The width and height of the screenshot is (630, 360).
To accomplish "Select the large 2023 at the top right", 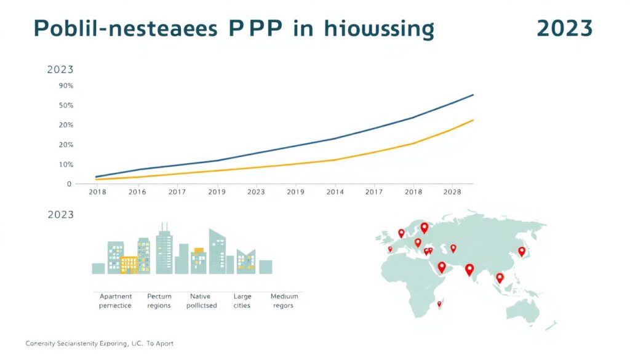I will tap(564, 29).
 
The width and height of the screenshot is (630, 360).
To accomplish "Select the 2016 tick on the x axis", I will tap(137, 192).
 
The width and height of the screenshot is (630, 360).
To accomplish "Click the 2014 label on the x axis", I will tap(335, 192).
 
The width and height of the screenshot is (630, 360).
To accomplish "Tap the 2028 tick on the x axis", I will tap(452, 192).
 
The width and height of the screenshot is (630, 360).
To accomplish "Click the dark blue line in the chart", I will tap(295, 146).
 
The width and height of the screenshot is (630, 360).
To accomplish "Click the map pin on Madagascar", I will tap(439, 303).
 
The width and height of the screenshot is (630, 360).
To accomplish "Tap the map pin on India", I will tap(469, 270).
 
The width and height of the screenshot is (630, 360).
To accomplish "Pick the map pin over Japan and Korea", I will tap(522, 251).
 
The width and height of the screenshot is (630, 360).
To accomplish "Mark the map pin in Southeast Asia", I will tap(500, 278).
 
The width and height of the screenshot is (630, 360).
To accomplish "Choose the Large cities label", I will tap(242, 301).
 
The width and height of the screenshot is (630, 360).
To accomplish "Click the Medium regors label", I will tap(284, 301).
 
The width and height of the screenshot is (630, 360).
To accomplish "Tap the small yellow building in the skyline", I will tap(129, 264).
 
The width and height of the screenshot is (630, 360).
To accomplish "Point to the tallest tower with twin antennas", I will tap(164, 249).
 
